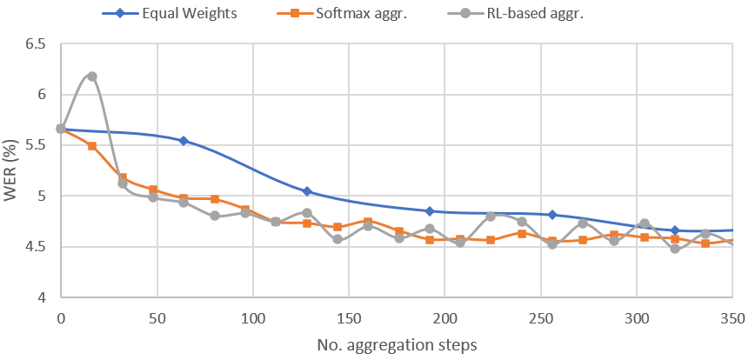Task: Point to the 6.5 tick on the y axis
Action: (34, 43)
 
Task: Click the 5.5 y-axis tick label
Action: (34, 145)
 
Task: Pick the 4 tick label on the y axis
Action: (41, 298)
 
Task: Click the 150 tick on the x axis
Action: (349, 317)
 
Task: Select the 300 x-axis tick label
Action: (637, 317)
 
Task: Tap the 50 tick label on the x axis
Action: (157, 317)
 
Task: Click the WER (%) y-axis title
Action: (11, 170)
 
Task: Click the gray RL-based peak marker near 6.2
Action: (92, 77)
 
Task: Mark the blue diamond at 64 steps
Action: (184, 140)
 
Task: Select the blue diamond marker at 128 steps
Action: (307, 191)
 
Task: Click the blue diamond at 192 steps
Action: (430, 211)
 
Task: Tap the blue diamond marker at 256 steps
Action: (552, 215)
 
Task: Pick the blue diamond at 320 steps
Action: (675, 230)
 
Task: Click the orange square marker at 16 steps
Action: (92, 146)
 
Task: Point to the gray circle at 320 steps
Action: (675, 249)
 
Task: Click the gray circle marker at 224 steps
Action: (491, 216)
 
